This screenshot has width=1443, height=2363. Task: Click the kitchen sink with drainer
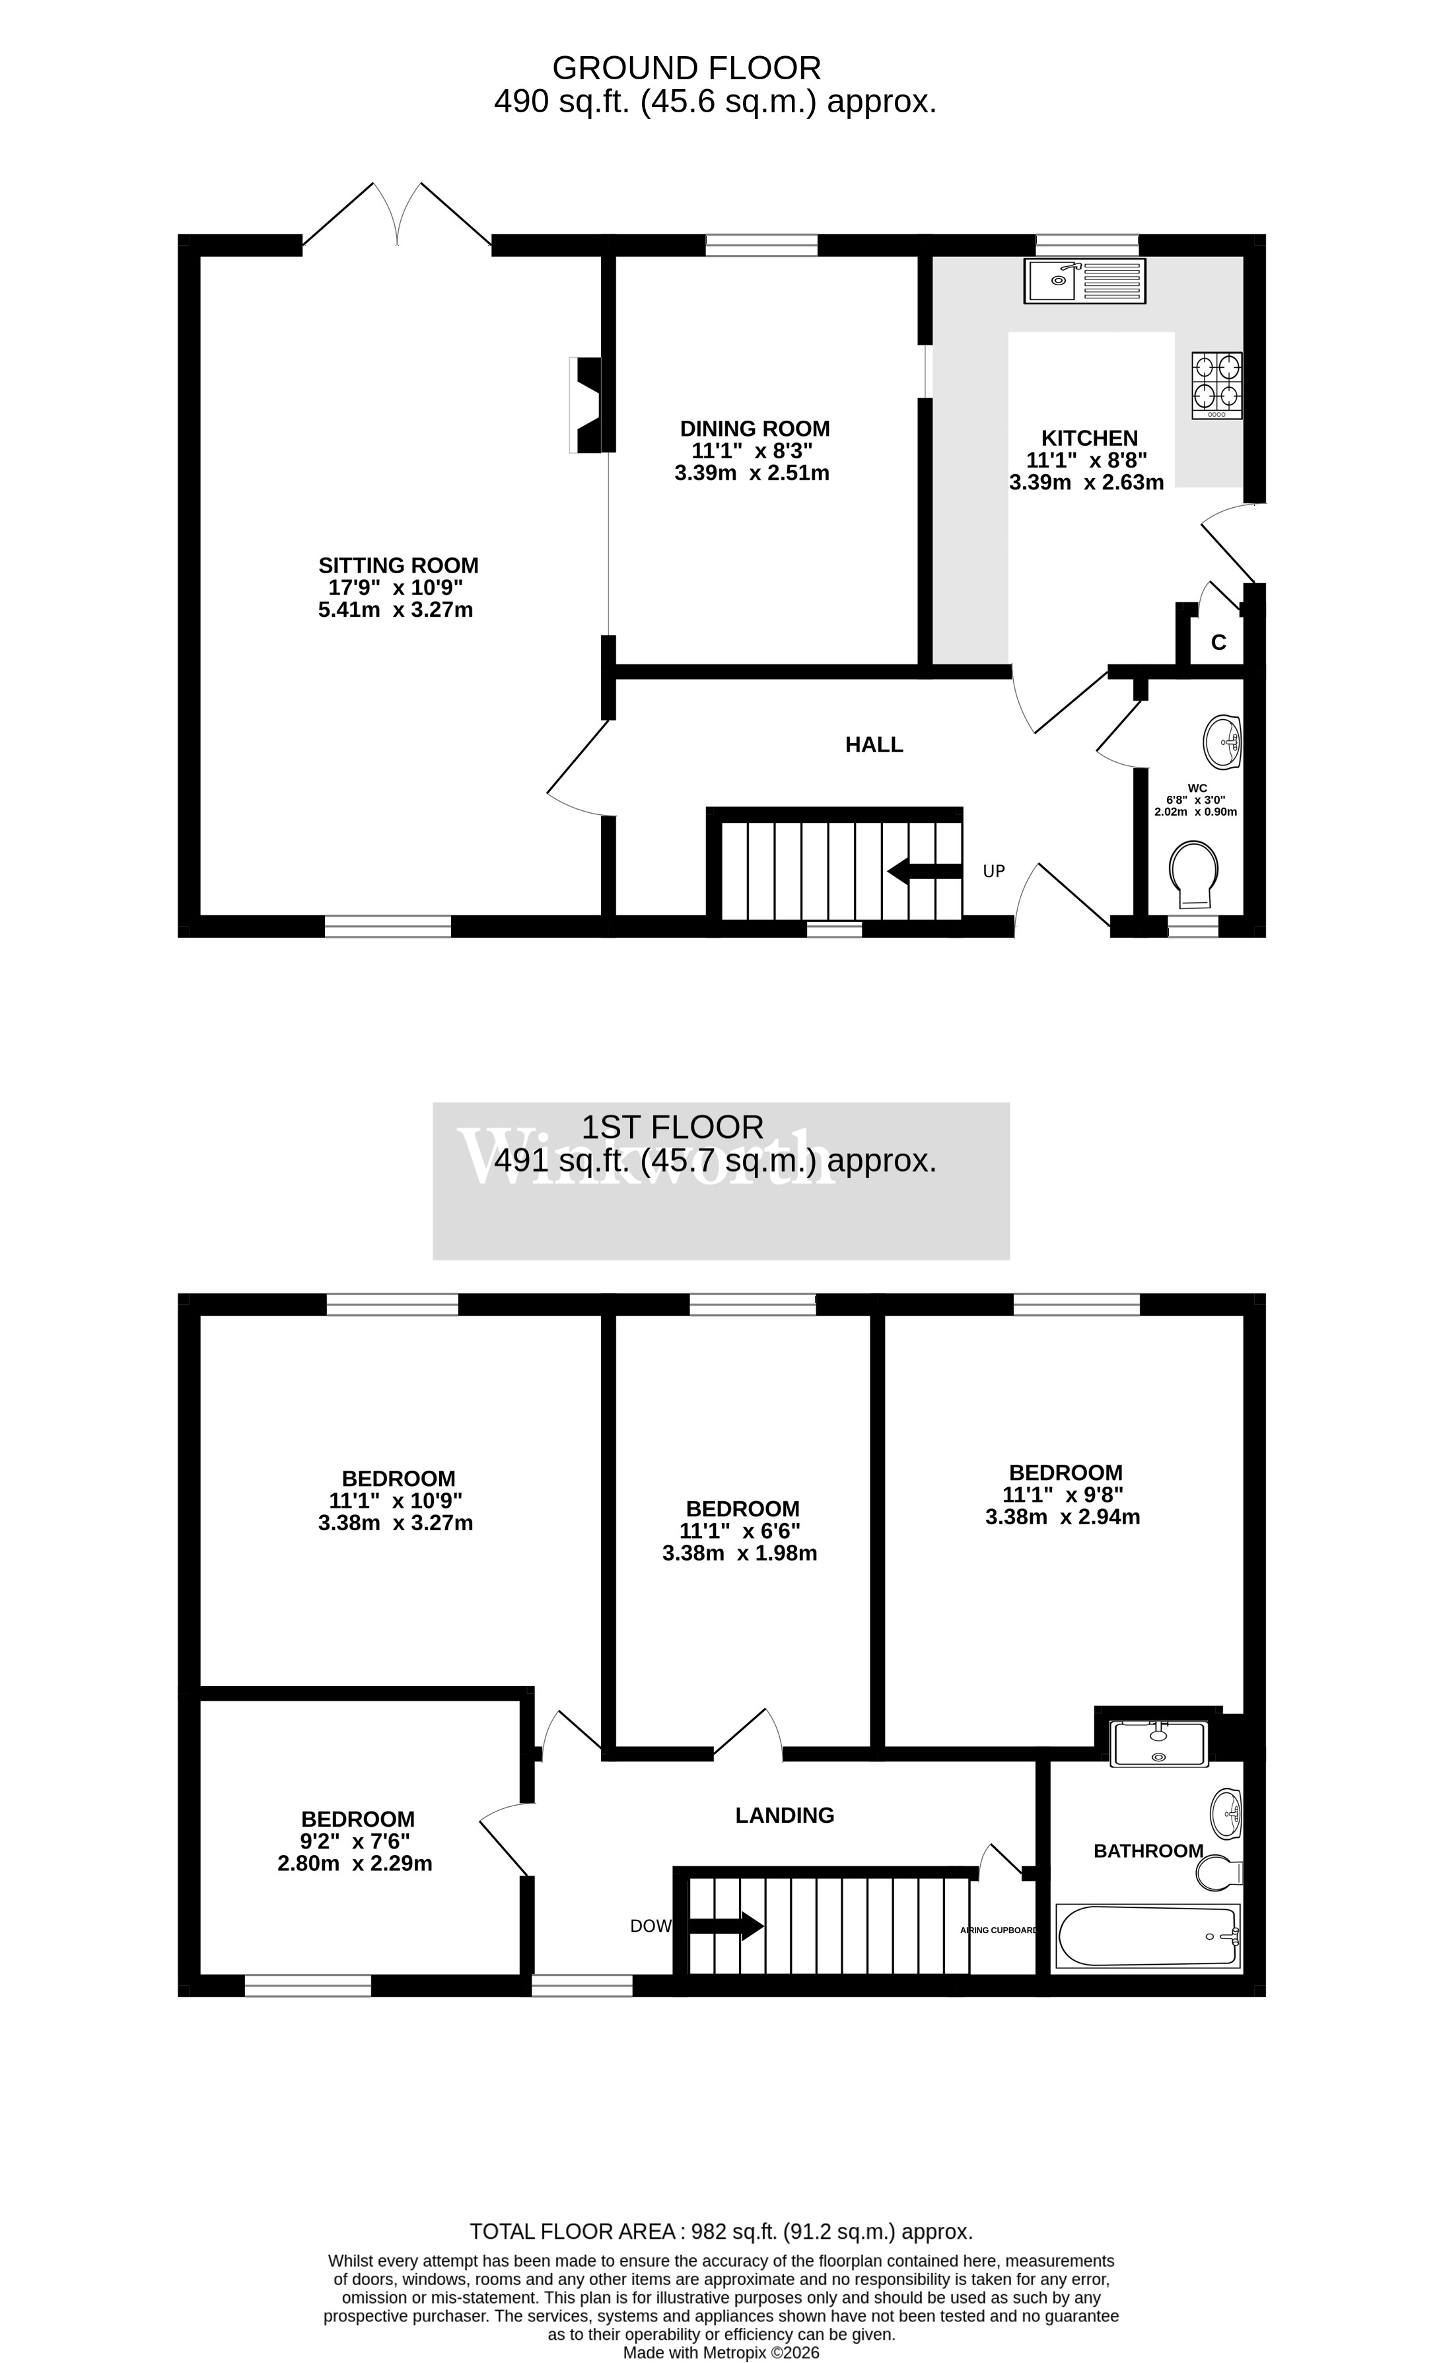[x=1084, y=281]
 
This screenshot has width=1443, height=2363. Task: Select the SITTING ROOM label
[x=398, y=566]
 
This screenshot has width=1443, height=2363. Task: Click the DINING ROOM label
[x=755, y=429]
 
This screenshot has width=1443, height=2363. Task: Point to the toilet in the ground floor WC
[x=1194, y=872]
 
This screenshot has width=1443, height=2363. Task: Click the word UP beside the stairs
[x=993, y=872]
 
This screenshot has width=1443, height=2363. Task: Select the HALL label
[x=874, y=745]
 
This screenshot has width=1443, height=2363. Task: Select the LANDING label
[x=785, y=1816]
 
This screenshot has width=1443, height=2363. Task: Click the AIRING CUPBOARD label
[x=998, y=1930]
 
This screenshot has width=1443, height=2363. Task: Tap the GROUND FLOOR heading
[x=687, y=68]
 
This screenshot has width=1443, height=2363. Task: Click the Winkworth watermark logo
[x=647, y=1158]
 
